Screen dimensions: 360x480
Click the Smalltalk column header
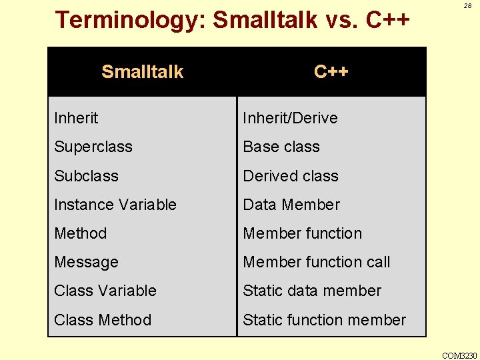[x=142, y=72]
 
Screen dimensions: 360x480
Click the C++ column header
[x=331, y=72]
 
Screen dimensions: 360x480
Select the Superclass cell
[x=93, y=147]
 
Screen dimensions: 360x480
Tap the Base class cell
[x=281, y=147]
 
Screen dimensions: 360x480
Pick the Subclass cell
[x=86, y=176]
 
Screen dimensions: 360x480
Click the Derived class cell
[x=291, y=176]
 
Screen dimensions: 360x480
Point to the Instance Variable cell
[x=115, y=205]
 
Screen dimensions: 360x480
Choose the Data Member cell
[x=291, y=205]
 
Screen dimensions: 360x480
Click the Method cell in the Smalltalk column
[x=81, y=233]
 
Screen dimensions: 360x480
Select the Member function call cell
[x=317, y=262]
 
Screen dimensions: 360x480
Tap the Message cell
[x=87, y=262]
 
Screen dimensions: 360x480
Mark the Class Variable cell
[x=105, y=291]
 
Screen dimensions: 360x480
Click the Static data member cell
[x=312, y=291]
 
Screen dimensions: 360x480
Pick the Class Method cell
[x=103, y=320]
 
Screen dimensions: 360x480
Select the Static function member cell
[x=324, y=320]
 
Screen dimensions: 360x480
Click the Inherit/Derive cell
[x=290, y=118]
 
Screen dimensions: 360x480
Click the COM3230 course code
[x=459, y=355]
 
